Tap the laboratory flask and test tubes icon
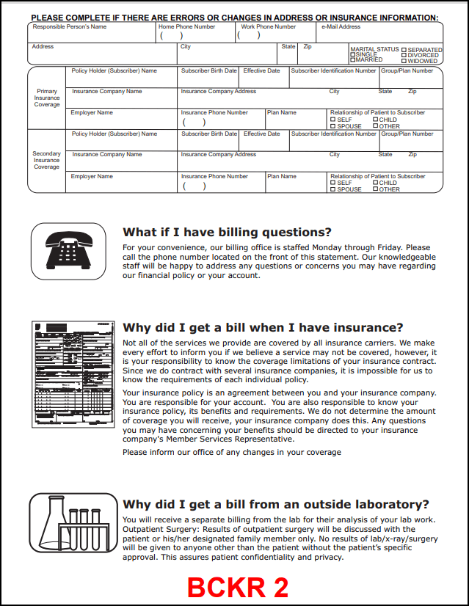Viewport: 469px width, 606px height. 68,521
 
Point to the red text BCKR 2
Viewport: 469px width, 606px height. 237,587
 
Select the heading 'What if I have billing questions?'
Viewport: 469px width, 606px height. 227,232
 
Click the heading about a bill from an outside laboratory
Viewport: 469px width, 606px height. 275,504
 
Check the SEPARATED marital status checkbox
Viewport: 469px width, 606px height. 404,50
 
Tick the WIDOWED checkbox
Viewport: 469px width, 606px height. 404,60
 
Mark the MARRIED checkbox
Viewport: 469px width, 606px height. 353,60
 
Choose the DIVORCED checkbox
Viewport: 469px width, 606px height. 404,55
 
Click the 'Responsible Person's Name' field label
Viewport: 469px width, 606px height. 70,27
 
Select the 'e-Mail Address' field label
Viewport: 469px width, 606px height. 341,27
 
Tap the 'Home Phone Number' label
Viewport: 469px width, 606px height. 187,27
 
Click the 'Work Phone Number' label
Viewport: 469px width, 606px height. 269,27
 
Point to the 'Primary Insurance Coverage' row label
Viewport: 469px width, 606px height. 47,98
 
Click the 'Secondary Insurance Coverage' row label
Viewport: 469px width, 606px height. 47,161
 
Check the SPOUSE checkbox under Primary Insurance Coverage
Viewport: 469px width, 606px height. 333,126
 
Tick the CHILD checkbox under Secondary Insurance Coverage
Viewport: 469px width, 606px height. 375,183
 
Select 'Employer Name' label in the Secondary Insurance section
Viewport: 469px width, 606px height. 92,177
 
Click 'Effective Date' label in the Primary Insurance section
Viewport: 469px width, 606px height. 261,71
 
